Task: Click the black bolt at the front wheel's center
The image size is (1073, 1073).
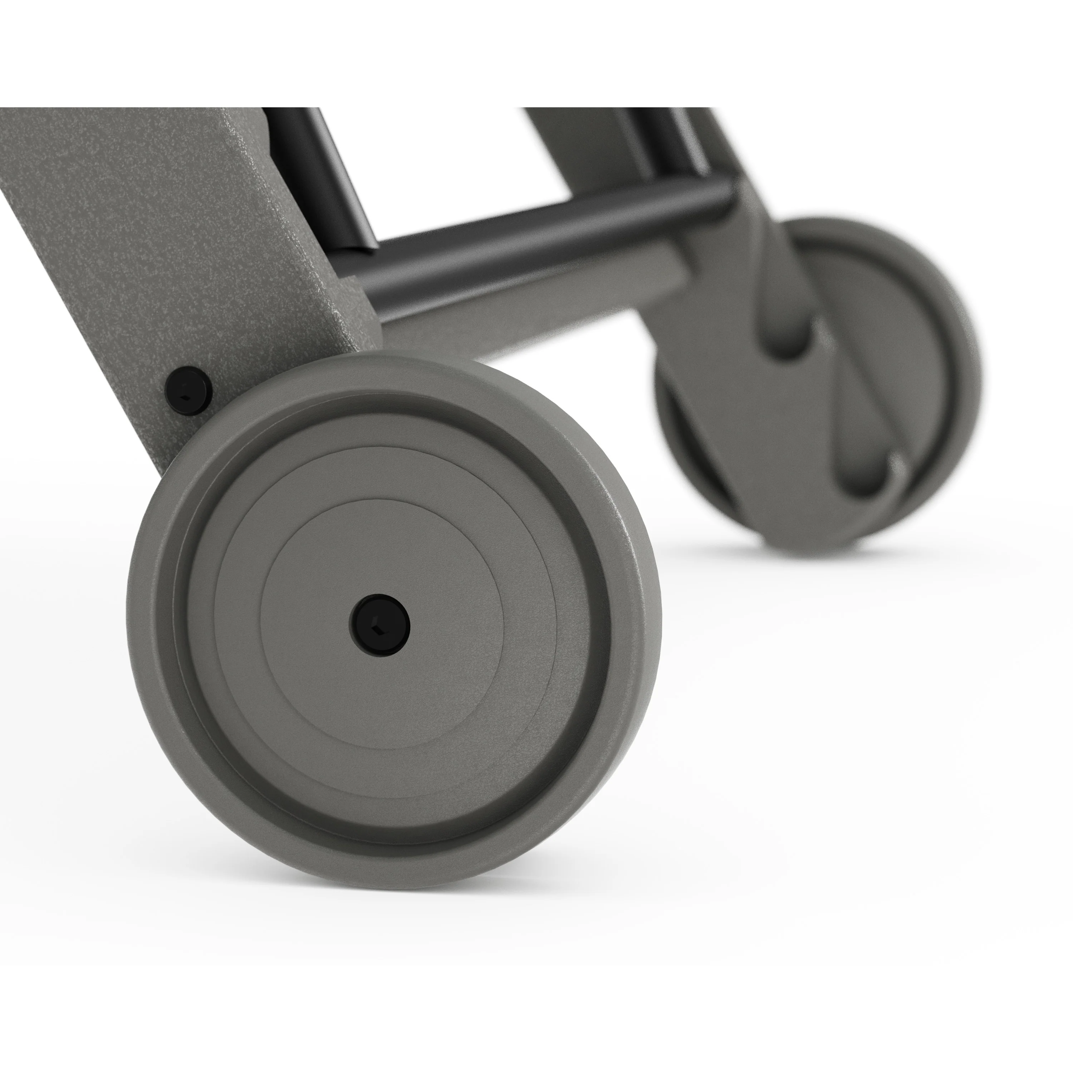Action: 380,626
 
